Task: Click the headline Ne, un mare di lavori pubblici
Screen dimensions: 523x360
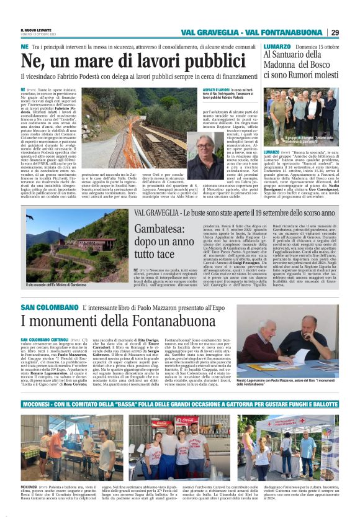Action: [114, 61]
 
